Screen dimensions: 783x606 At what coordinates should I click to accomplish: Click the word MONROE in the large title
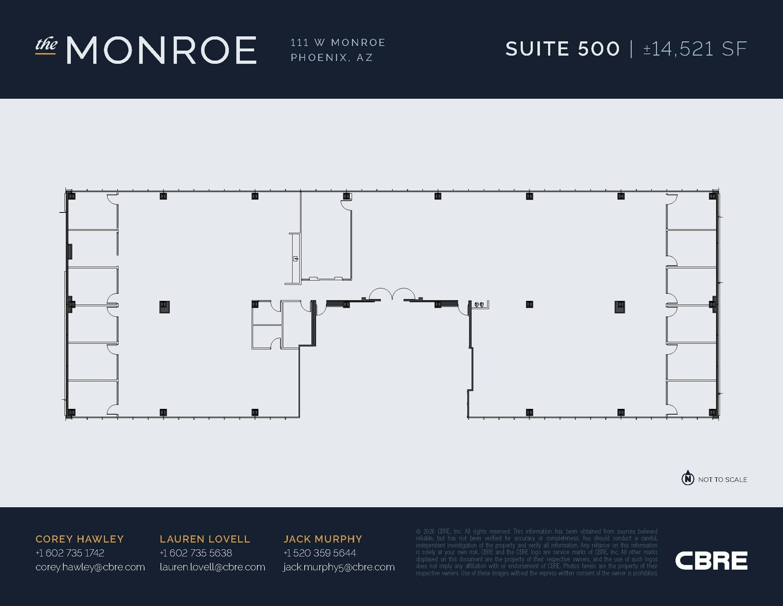161,50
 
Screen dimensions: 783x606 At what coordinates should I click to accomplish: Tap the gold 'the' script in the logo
46,44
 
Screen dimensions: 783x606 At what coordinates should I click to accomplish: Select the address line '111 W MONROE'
338,42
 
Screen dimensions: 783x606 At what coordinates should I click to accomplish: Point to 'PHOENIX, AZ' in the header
331,57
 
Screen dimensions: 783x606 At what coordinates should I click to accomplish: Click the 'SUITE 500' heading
562,49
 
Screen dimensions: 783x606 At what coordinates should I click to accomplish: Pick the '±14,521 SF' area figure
695,49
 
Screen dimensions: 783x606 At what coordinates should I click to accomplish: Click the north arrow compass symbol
688,478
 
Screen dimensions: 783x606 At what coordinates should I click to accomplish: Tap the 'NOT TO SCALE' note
723,480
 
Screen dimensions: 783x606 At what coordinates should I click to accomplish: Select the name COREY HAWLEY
80,539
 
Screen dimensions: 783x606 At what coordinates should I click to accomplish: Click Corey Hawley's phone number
70,553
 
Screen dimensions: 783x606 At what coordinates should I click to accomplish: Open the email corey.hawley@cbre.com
90,567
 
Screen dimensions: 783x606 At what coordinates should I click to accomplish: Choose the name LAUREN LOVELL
205,539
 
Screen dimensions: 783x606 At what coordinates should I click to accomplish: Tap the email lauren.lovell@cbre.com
212,567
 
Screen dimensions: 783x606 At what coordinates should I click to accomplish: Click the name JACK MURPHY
323,539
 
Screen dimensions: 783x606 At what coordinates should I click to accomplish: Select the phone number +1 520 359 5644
320,553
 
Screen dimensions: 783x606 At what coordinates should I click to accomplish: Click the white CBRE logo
711,560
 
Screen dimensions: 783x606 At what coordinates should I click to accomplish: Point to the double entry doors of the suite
392,294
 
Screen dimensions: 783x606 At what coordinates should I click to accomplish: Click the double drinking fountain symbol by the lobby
479,304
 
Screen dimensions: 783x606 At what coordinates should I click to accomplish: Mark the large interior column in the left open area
164,307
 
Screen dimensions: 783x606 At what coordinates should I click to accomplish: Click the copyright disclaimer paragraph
537,552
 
